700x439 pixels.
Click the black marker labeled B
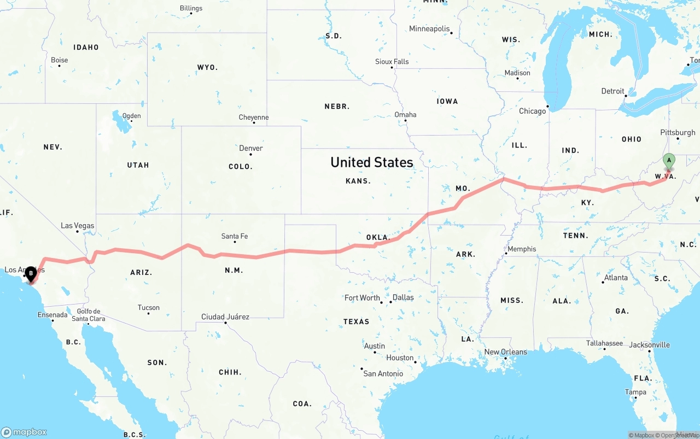[31, 273]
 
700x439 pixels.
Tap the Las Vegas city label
[77, 225]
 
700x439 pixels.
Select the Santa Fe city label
[235, 236]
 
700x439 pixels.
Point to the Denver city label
[251, 148]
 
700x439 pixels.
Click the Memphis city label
[522, 249]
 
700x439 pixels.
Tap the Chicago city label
[533, 111]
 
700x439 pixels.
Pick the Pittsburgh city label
[678, 132]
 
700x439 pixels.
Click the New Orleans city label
[506, 352]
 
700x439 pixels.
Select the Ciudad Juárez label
[225, 317]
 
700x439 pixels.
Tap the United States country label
[372, 162]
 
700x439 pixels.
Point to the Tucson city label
[149, 307]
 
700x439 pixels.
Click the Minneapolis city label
[429, 28]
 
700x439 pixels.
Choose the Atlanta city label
[616, 277]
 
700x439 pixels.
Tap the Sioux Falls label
[392, 62]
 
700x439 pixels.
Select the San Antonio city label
[383, 373]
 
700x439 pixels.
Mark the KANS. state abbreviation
[358, 181]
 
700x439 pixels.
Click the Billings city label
[191, 8]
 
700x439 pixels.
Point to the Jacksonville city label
[649, 344]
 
